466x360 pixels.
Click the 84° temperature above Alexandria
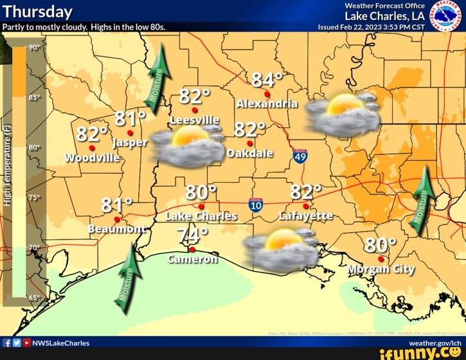coord(267,80)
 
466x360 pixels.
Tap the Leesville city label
coord(194,120)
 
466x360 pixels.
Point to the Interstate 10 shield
coord(256,205)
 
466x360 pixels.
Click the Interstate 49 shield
coord(300,156)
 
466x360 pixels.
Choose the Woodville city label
coord(92,158)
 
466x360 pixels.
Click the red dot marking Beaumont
coord(117,219)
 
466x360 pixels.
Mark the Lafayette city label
coord(306,216)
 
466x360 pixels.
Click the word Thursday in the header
coord(38,12)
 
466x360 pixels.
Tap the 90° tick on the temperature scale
coord(34,48)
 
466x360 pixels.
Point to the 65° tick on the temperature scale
coord(34,298)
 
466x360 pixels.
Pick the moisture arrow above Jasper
coord(159,75)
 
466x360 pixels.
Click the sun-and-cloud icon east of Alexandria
coord(341,113)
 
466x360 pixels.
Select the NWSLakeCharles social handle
coord(60,343)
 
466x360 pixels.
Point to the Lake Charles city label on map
coord(201,216)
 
